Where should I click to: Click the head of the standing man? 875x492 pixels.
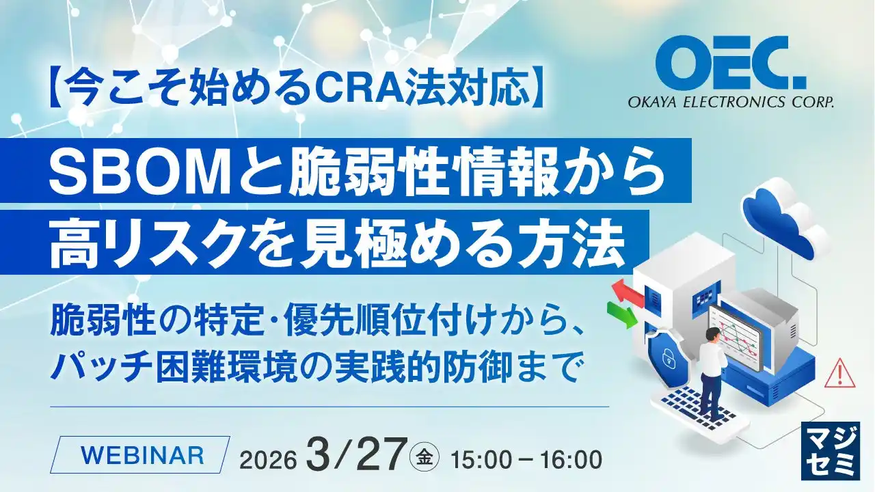pyautogui.click(x=712, y=334)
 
